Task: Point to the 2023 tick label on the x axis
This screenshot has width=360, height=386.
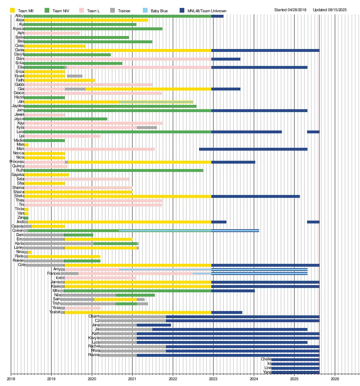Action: (213, 379)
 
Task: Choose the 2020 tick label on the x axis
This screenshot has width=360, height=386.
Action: (92, 379)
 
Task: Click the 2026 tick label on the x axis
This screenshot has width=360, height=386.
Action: (335, 379)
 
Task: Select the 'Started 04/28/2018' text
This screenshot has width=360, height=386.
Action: (290, 10)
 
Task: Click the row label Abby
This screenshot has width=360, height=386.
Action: (19, 16)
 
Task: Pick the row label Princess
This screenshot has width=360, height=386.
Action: (17, 162)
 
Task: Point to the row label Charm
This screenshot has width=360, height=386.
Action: (94, 316)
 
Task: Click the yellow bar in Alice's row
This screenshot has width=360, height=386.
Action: (86, 20)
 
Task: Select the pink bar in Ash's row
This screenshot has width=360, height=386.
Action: (52, 33)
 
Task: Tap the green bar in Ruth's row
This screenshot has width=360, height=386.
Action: (113, 170)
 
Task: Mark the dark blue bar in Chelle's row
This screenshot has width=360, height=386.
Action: (295, 359)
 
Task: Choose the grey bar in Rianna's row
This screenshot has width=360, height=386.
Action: (118, 355)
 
